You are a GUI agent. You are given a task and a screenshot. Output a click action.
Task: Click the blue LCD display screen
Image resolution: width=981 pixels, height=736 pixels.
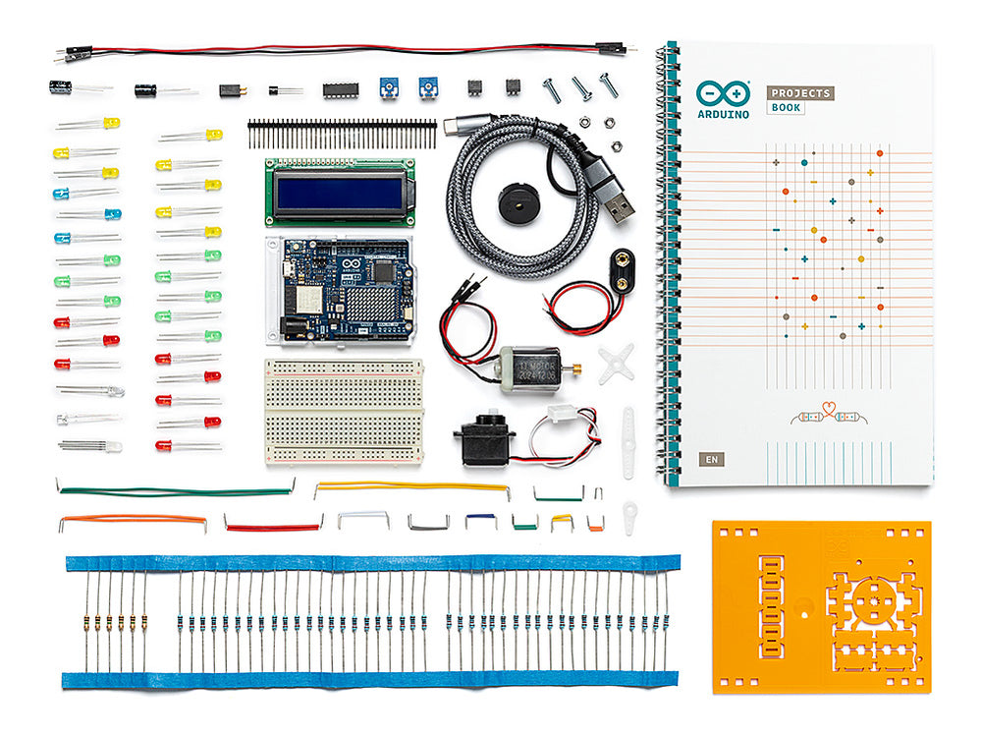pyautogui.click(x=339, y=193)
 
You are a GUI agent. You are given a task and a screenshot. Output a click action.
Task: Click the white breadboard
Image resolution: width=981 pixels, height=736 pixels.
pyautogui.click(x=344, y=411)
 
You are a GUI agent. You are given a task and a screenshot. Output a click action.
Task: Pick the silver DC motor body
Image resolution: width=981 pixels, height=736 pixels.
pyautogui.click(x=528, y=368)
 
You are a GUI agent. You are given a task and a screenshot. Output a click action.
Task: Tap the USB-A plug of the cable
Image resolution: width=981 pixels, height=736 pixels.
pyautogui.click(x=618, y=206)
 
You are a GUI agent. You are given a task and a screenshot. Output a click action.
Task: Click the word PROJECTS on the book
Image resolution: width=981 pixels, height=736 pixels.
pyautogui.click(x=800, y=92)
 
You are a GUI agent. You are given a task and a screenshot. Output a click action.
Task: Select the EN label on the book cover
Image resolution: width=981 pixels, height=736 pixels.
pyautogui.click(x=709, y=459)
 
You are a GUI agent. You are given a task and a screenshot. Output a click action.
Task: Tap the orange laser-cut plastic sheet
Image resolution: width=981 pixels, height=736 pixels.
pyautogui.click(x=820, y=606)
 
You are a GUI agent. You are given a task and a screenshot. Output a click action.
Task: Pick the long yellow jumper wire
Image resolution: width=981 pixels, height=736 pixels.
pyautogui.click(x=411, y=485)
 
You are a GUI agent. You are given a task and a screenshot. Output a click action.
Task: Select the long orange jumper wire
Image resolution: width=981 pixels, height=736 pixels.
pyautogui.click(x=133, y=519)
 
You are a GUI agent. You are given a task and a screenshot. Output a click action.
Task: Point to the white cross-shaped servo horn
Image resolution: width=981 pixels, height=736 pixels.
pyautogui.click(x=616, y=361)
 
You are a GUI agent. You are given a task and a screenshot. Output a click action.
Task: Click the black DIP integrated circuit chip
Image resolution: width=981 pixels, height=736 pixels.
pyautogui.click(x=340, y=89)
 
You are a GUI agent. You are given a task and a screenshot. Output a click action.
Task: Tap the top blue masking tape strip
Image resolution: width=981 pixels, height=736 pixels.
pyautogui.click(x=373, y=563)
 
